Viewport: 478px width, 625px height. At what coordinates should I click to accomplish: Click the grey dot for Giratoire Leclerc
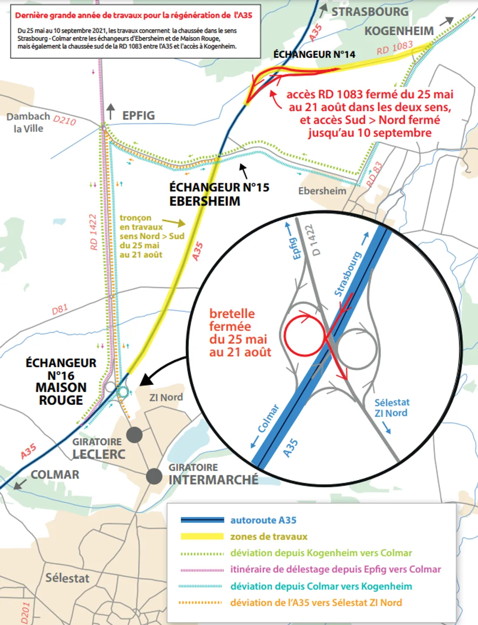click(x=134, y=434)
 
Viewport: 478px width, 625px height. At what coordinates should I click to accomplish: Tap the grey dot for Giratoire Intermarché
click(x=154, y=476)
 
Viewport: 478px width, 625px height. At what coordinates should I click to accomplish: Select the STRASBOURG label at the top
click(x=370, y=12)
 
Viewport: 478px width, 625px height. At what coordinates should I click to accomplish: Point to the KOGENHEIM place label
click(x=399, y=31)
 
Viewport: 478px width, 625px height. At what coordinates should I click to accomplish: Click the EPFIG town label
click(x=138, y=116)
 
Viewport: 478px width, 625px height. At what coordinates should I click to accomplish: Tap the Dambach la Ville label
click(x=28, y=122)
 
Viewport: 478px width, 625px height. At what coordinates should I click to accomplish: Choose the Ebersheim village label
click(x=322, y=191)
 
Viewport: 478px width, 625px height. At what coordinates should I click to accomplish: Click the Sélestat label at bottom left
click(x=67, y=578)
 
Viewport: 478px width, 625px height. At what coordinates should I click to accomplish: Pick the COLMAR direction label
click(x=55, y=475)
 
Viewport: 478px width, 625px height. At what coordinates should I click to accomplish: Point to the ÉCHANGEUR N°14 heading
click(x=314, y=55)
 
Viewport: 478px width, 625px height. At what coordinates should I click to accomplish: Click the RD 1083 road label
click(x=395, y=48)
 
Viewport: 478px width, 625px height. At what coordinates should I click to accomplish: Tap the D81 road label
click(x=60, y=309)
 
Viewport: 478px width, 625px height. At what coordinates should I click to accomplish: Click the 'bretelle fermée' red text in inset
click(x=240, y=333)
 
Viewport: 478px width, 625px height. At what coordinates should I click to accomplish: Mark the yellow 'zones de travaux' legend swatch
click(x=202, y=536)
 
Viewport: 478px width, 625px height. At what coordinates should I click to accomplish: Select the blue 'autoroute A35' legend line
click(x=202, y=520)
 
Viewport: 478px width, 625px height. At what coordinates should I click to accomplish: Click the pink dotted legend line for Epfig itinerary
click(x=202, y=569)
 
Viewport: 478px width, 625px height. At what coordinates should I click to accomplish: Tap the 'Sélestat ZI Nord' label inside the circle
click(x=391, y=408)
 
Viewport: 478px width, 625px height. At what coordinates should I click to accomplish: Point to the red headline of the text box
click(x=133, y=16)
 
